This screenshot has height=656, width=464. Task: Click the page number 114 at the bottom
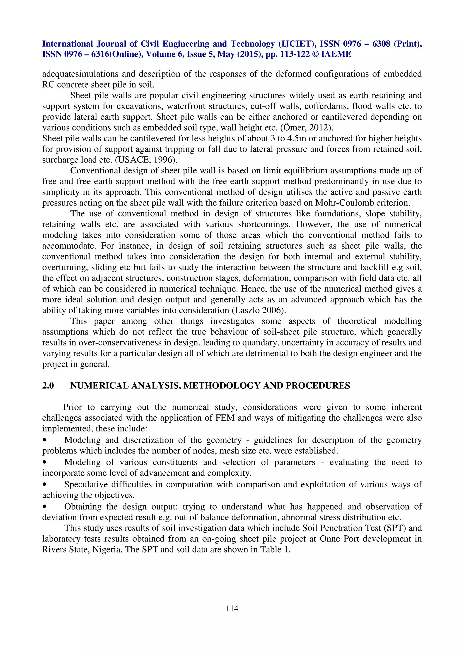pyautogui.click(x=232, y=608)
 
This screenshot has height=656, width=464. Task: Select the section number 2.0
pyautogui.click(x=48, y=386)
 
